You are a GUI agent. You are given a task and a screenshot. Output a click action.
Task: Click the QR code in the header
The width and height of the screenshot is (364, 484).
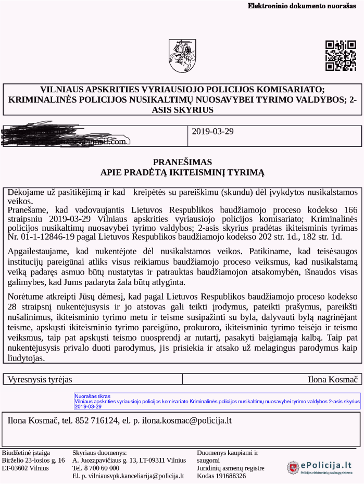(341, 55)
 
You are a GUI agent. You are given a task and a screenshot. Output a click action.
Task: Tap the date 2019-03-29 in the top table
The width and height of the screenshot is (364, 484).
(212, 131)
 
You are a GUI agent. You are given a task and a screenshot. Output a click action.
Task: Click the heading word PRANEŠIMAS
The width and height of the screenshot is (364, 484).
(182, 162)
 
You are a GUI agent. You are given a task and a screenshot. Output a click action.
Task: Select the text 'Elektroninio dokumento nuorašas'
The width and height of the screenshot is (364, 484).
(305, 6)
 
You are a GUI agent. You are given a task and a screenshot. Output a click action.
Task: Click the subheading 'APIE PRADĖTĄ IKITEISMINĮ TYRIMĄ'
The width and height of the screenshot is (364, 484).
(182, 172)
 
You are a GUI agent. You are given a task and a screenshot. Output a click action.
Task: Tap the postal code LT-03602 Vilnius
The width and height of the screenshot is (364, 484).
(26, 468)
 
